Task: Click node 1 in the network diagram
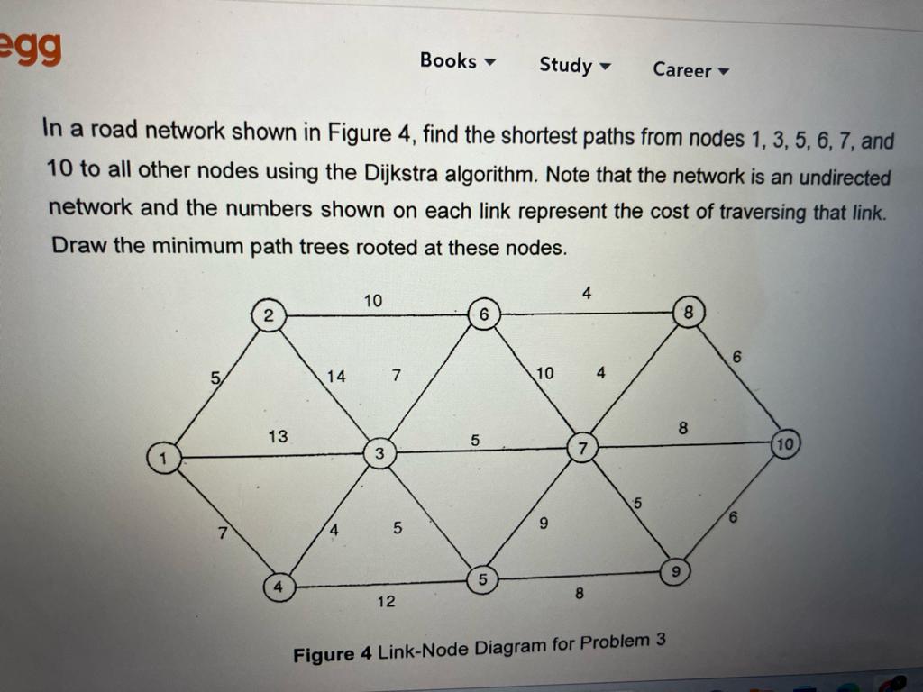(x=163, y=458)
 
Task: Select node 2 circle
(x=269, y=315)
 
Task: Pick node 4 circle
(x=279, y=587)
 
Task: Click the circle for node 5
(x=482, y=580)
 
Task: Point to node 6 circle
(x=484, y=315)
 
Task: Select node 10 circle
(x=785, y=444)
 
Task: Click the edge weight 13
(x=279, y=436)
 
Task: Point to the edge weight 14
(x=336, y=377)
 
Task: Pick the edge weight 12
(x=386, y=601)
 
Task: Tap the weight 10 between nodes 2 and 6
(x=373, y=299)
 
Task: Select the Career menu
(x=690, y=69)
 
